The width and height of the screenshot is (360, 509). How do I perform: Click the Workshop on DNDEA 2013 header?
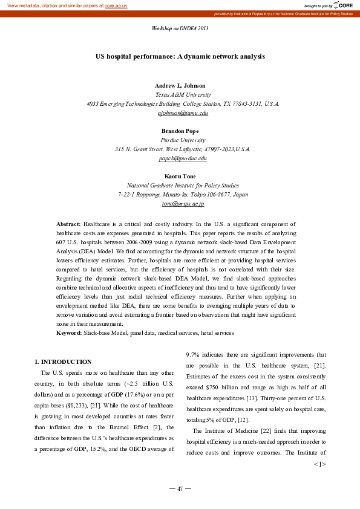click(180, 28)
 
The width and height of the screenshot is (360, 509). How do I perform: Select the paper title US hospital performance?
click(180, 56)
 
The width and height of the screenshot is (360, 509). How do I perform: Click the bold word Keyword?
click(69, 333)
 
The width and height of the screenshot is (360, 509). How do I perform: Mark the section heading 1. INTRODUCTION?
click(64, 361)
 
